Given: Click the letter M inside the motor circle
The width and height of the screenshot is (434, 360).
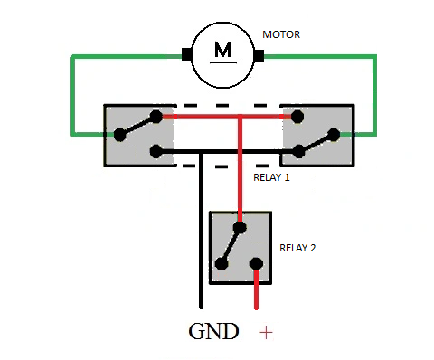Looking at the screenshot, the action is [223, 50].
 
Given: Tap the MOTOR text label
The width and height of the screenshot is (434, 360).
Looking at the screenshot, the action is [281, 34].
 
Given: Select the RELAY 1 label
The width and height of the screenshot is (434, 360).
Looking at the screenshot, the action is [271, 177].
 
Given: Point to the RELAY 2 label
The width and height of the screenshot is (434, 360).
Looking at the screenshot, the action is [297, 248].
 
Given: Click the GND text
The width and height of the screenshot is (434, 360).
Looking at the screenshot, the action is [213, 331].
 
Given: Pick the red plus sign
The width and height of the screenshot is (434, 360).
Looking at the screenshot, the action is [266, 333].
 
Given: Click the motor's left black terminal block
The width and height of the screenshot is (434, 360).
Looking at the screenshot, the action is [186, 54].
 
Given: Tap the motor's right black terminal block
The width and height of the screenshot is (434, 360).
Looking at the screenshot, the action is [259, 56].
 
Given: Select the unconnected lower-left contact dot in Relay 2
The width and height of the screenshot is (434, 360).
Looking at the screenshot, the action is [222, 264].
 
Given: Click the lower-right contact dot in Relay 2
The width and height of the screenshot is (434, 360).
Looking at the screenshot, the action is [256, 264].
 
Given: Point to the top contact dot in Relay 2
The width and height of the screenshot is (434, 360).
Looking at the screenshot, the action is [240, 227].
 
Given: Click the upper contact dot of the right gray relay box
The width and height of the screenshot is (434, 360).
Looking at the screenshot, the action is [297, 117].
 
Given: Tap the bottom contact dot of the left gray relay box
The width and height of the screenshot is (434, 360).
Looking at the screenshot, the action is [156, 152].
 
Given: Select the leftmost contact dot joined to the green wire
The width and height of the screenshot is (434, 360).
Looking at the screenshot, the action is [120, 135].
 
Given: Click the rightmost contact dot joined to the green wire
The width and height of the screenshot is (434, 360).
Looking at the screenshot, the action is [334, 135].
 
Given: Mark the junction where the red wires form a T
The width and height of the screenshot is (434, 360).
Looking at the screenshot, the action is [240, 117].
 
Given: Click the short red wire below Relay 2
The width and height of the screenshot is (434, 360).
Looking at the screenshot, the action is [256, 289].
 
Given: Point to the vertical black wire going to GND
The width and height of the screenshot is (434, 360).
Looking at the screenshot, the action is [201, 231].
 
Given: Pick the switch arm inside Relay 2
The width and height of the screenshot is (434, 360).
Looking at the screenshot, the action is [231, 246].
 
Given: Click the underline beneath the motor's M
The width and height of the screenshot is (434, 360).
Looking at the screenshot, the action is [223, 62].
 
